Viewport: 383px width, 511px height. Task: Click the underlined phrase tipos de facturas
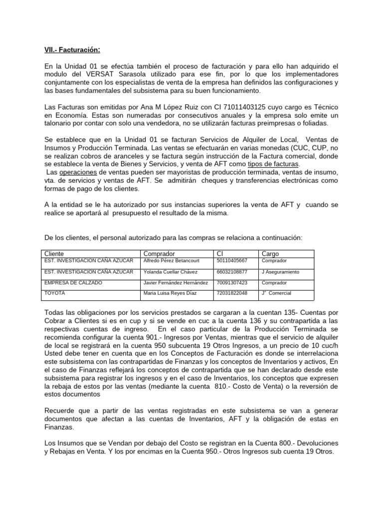(274, 164)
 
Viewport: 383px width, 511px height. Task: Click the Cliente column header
(54, 254)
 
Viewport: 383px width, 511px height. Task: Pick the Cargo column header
(270, 254)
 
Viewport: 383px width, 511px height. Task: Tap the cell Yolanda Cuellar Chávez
(170, 272)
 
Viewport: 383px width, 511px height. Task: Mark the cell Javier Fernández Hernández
(176, 282)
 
